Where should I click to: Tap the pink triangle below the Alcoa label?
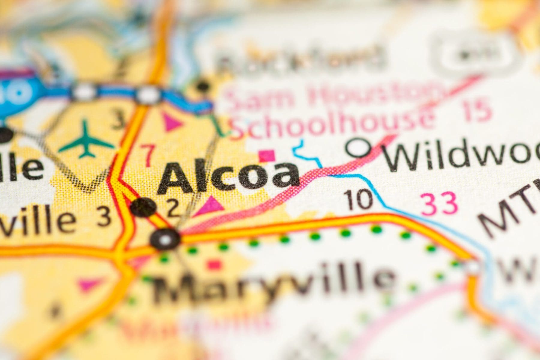pyautogui.click(x=211, y=206)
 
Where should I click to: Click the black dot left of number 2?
pyautogui.click(x=144, y=207)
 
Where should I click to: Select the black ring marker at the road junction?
pyautogui.click(x=165, y=239)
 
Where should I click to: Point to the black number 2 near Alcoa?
pyautogui.click(x=173, y=210)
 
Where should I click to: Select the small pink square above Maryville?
pyautogui.click(x=214, y=265)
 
